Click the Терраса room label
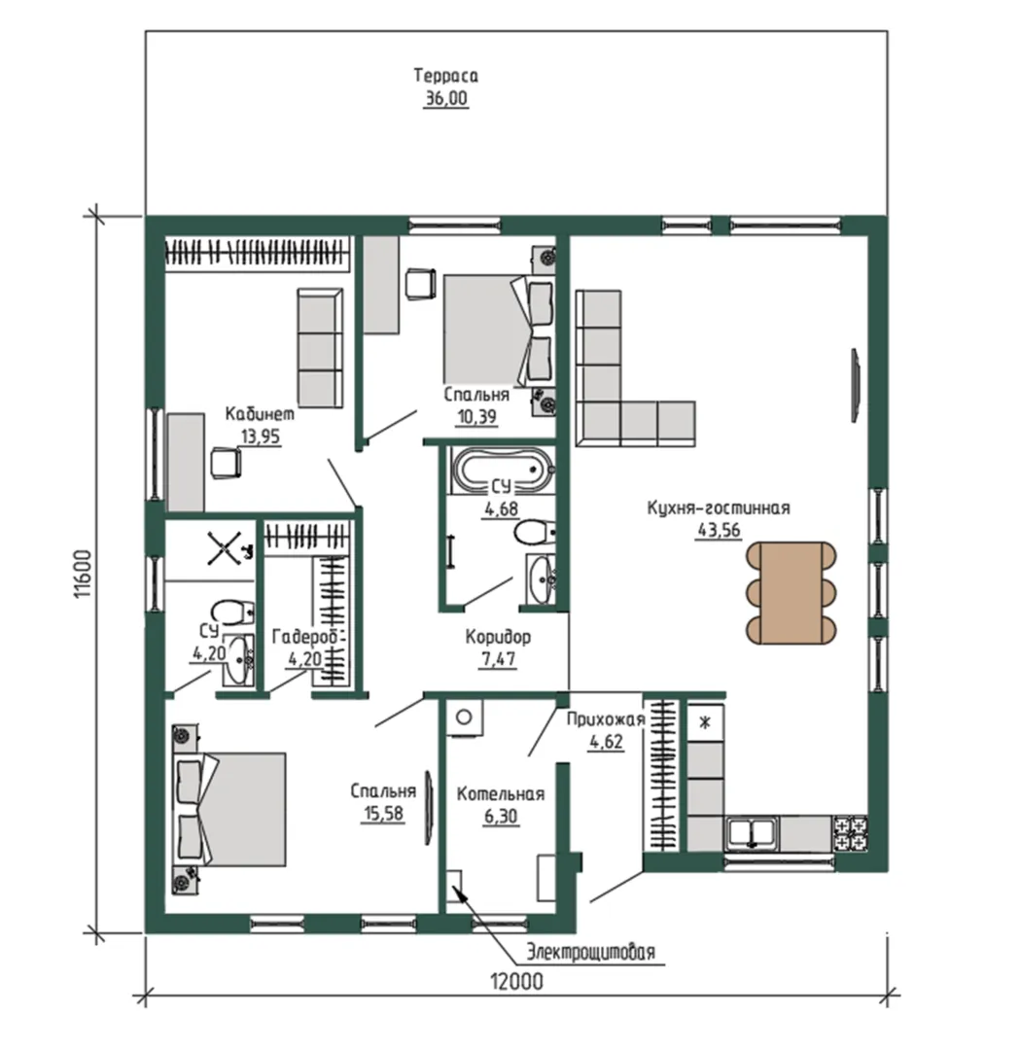coord(445,76)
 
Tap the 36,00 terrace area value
coord(445,98)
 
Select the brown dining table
coord(791,592)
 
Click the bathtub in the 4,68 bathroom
coord(502,469)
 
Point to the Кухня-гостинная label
coord(718,508)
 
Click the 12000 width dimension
coord(516,982)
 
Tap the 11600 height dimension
coord(83,574)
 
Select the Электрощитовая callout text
coord(590,952)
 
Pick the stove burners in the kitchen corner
coord(849,832)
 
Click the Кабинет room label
coord(260,414)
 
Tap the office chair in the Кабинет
coord(225,463)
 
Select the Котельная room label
coord(501,794)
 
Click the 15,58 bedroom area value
coord(383,814)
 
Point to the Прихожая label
coord(606,719)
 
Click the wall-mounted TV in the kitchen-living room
coord(856,385)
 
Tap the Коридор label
coord(498,636)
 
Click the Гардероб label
coord(309,636)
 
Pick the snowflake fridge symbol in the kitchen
coord(705,722)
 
